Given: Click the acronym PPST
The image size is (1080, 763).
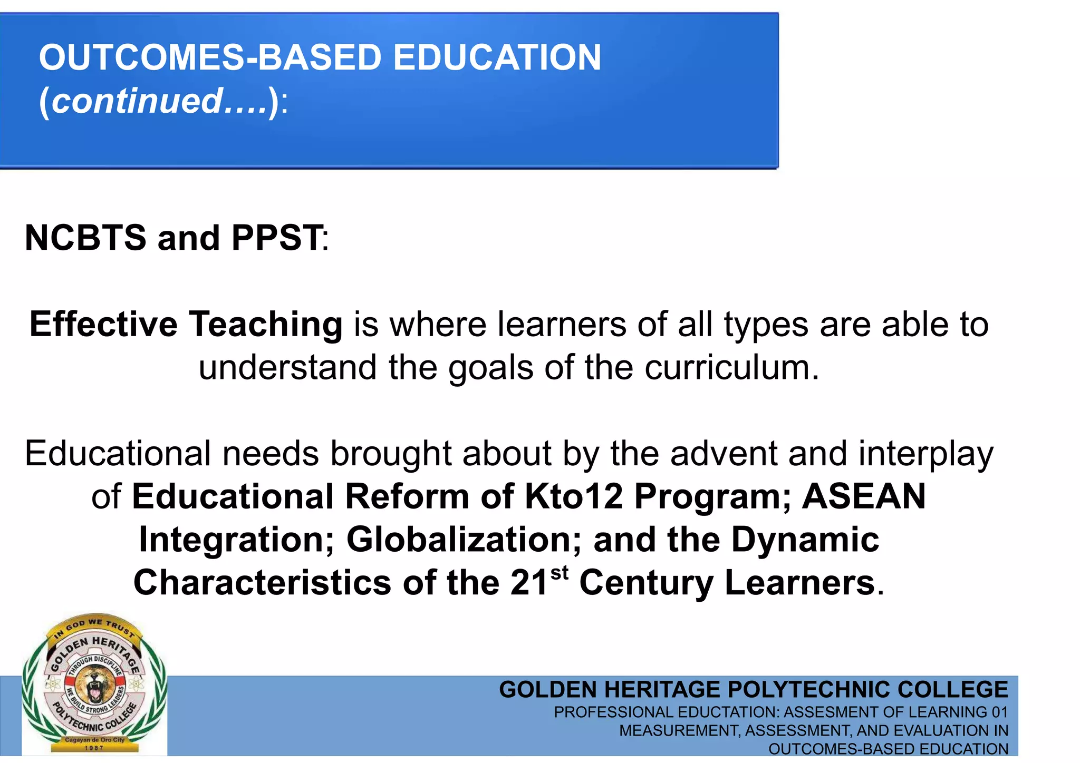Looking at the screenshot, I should [276, 238].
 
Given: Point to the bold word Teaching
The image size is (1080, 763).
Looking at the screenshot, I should [266, 324].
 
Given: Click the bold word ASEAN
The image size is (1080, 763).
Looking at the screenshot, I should [864, 496].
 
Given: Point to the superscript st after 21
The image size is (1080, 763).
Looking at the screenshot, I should [560, 572].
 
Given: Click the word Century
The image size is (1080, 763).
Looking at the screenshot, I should [646, 583].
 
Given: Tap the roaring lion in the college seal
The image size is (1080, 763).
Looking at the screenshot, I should [94, 685].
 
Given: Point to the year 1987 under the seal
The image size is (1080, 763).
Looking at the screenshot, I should [94, 748].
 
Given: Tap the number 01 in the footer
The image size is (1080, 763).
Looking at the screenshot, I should [999, 712].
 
